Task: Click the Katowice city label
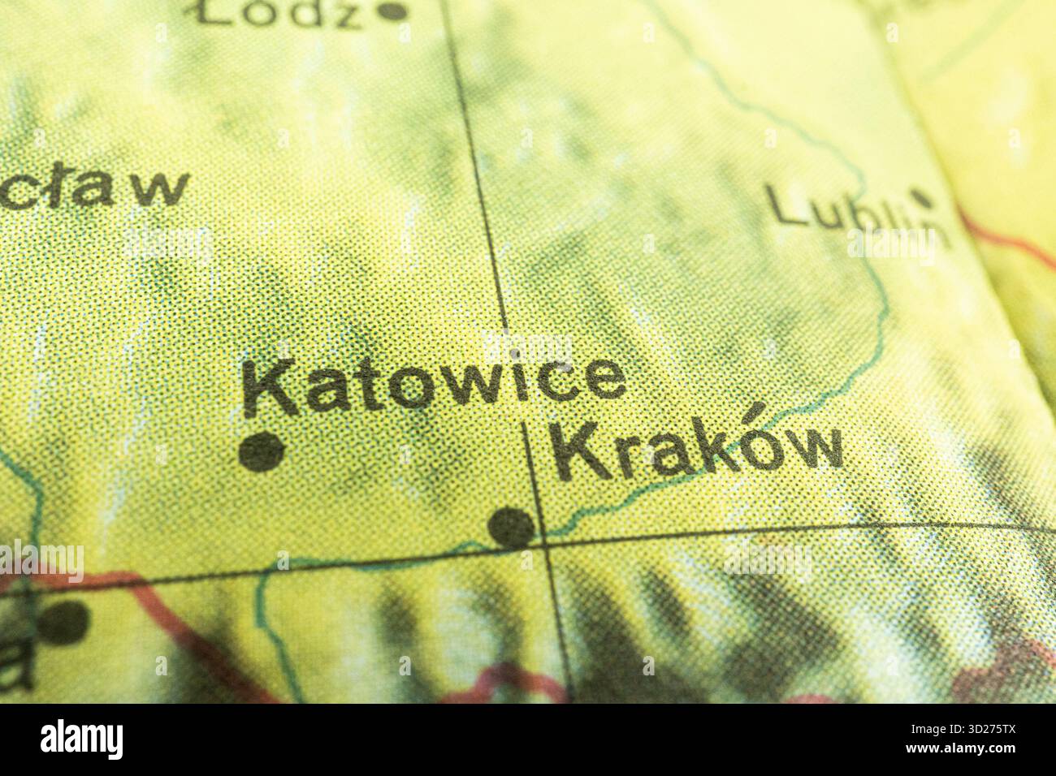pyautogui.click(x=435, y=385)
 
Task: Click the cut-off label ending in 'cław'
pyautogui.click(x=93, y=188)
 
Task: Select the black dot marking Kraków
pyautogui.click(x=513, y=525)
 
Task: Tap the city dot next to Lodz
pyautogui.click(x=394, y=11)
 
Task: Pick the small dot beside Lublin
pyautogui.click(x=921, y=196)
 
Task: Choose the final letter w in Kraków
pyautogui.click(x=809, y=451)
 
